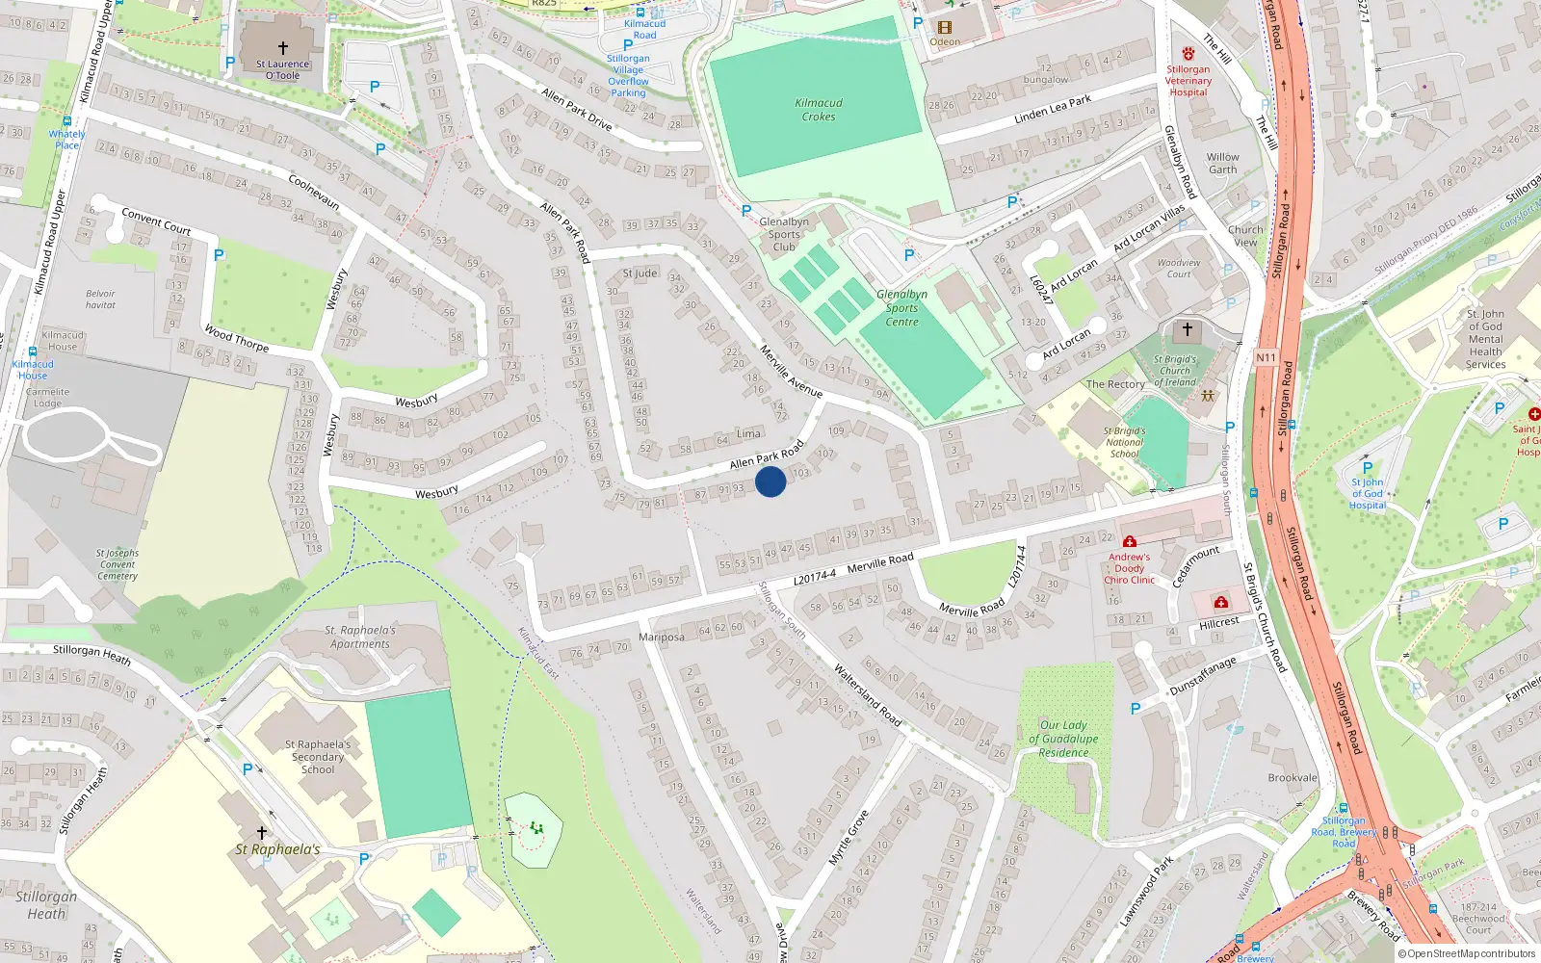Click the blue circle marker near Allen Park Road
(x=770, y=481)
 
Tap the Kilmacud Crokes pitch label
(x=819, y=110)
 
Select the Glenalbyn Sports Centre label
(x=902, y=308)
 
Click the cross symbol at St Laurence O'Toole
(x=283, y=48)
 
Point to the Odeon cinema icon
(x=944, y=28)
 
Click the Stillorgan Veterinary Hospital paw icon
(x=1188, y=54)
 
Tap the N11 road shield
(x=1266, y=357)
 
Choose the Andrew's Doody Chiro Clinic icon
(x=1130, y=541)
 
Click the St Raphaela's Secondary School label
(x=318, y=757)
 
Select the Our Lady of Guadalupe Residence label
(x=1063, y=739)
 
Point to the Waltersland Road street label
(x=867, y=694)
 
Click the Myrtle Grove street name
(x=849, y=837)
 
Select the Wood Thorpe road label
(x=236, y=338)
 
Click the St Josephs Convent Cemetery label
(x=118, y=564)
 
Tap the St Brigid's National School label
(x=1124, y=442)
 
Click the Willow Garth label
(x=1223, y=163)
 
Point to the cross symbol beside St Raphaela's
(x=261, y=832)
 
